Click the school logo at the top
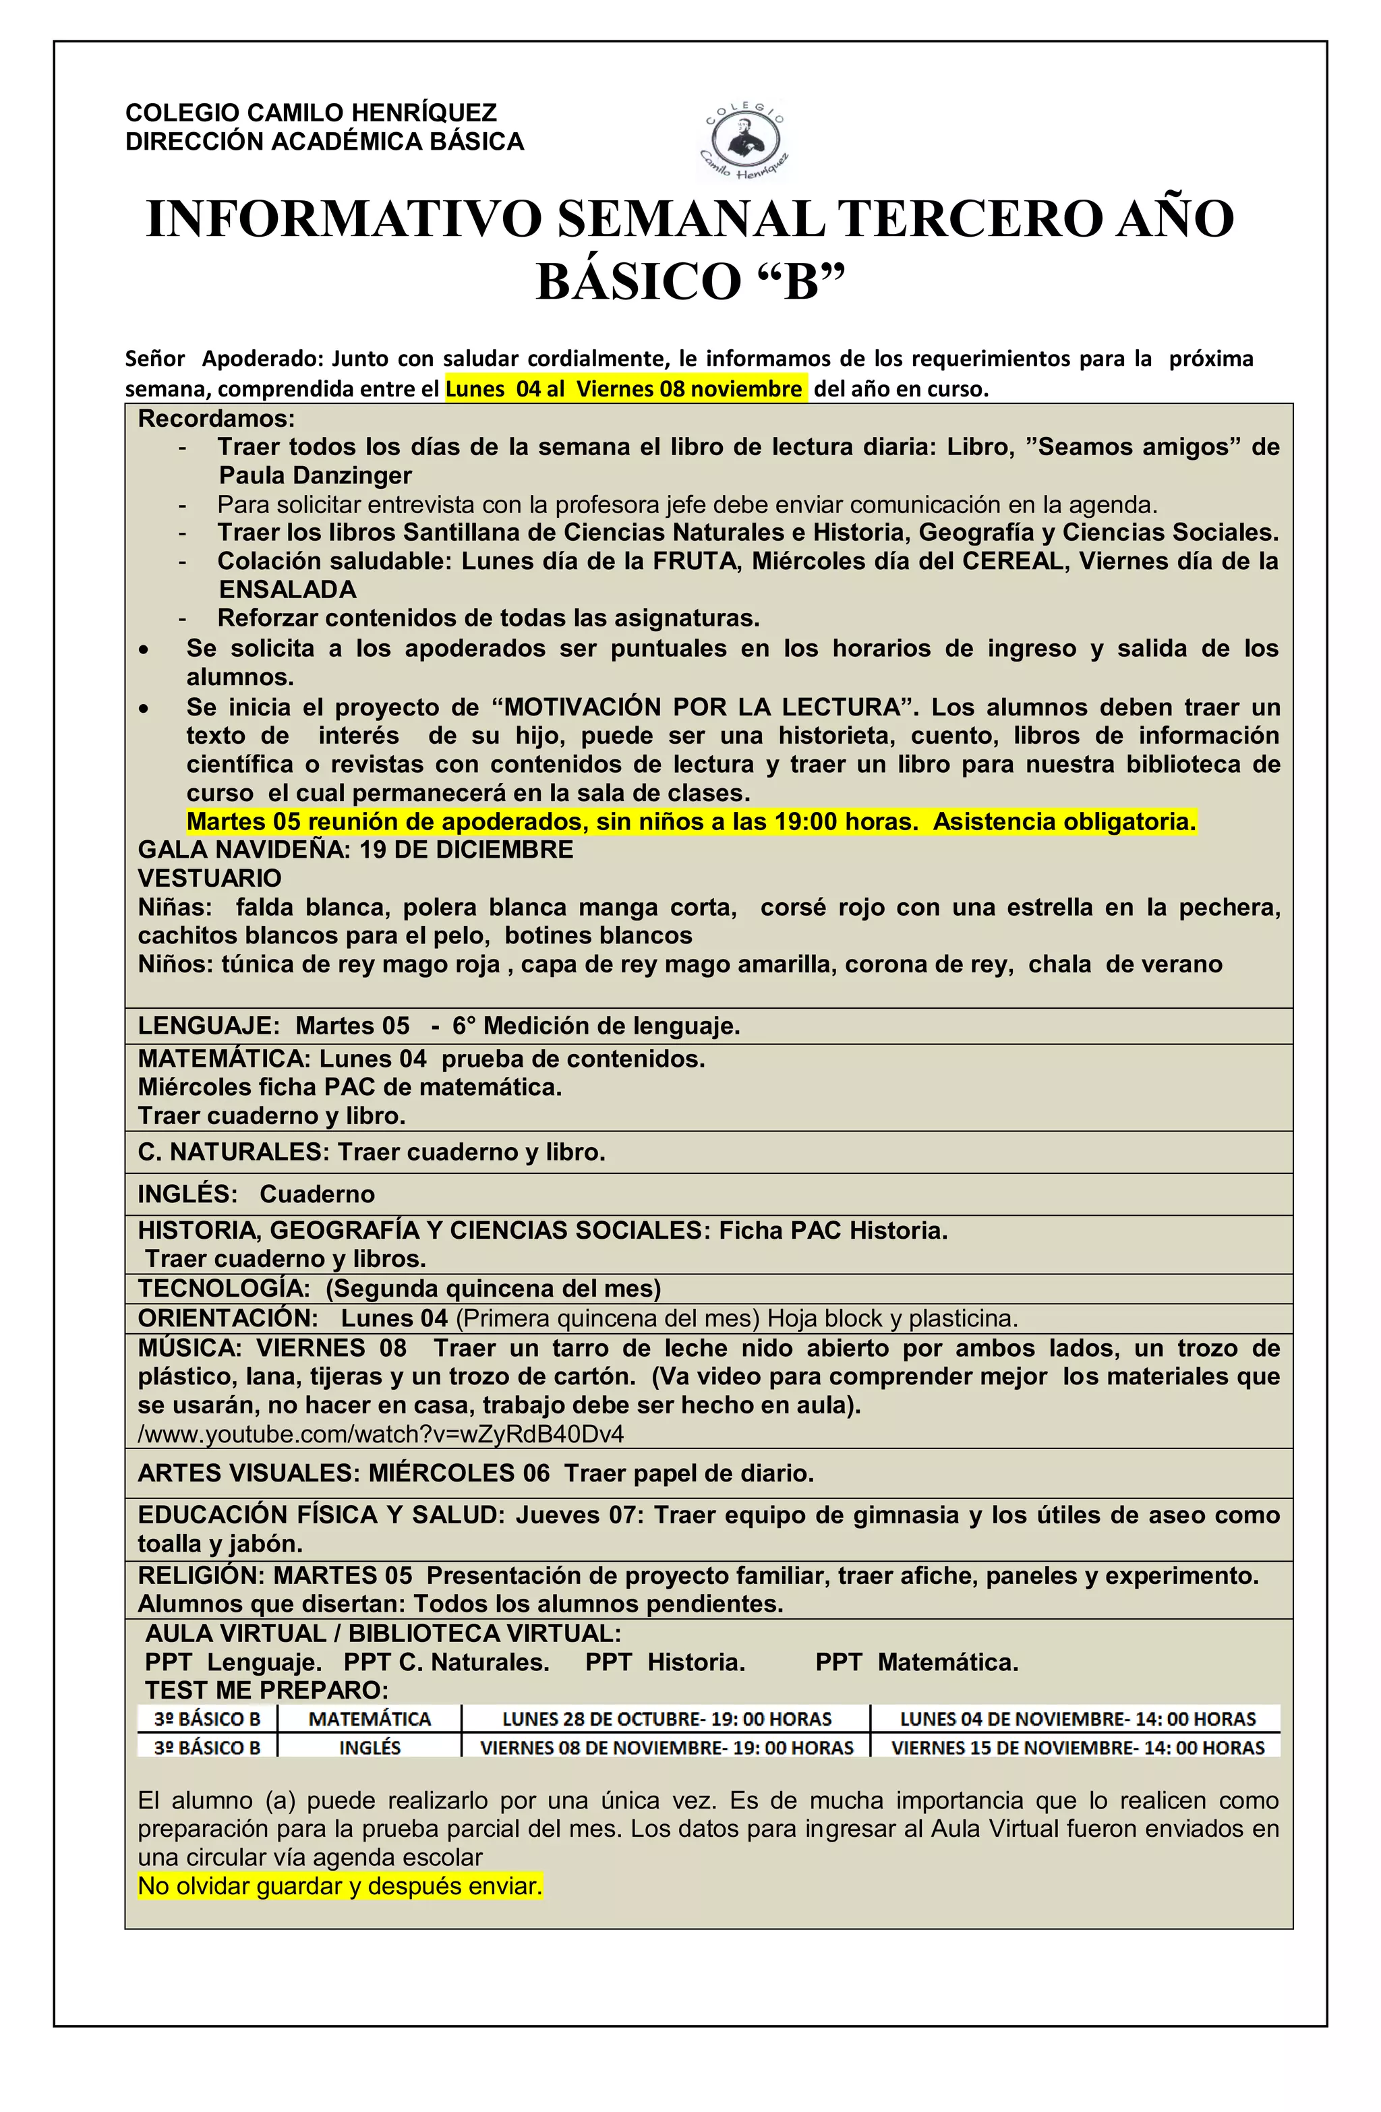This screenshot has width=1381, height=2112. tap(744, 142)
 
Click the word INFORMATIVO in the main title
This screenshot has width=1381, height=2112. tap(343, 219)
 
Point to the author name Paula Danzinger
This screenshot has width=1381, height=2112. tap(315, 475)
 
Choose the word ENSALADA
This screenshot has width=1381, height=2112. tap(287, 589)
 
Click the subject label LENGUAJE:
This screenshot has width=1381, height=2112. tap(208, 1026)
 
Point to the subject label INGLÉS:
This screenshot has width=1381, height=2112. tap(187, 1194)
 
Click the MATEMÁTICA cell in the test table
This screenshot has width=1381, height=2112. tap(370, 1719)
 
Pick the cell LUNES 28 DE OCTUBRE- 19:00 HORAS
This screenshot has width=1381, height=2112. tap(666, 1719)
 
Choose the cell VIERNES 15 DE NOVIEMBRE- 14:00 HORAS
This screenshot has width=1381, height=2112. tap(1078, 1747)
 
